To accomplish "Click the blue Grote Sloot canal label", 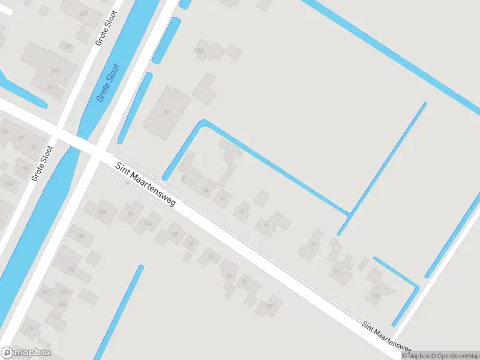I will pyautogui.click(x=109, y=83).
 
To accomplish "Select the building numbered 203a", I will pyautogui.click(x=56, y=71).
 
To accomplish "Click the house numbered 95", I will pyautogui.click(x=266, y=224).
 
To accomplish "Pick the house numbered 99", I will pyautogui.click(x=313, y=244).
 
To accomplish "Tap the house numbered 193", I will pyautogui.click(x=101, y=212).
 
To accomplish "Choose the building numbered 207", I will pyautogui.click(x=83, y=13).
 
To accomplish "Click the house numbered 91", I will pyautogui.click(x=223, y=197).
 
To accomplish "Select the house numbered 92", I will pyautogui.click(x=211, y=256).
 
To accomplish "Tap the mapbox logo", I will pyautogui.click(x=26, y=353).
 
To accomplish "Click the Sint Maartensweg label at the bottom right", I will pyautogui.click(x=386, y=337).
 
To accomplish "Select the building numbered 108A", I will pyautogui.click(x=200, y=52).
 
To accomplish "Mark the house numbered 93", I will pyautogui.click(x=242, y=211).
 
